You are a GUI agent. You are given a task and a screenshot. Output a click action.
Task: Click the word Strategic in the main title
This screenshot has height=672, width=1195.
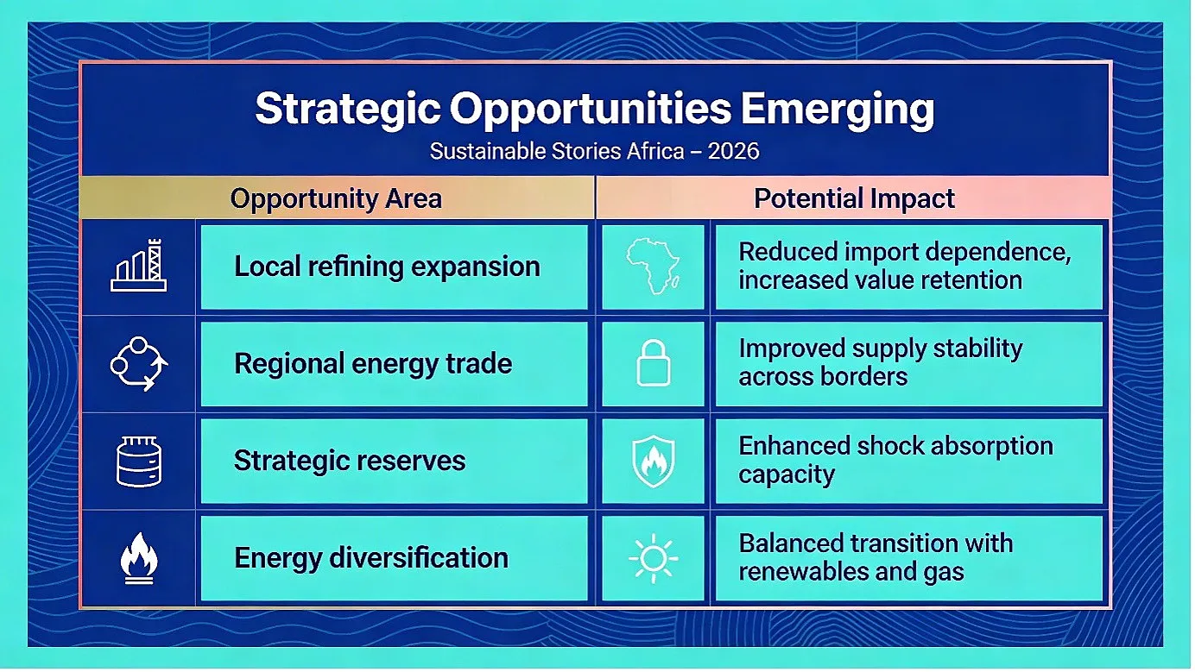point(348,110)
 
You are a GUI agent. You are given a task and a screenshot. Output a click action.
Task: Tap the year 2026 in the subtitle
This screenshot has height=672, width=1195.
point(733,151)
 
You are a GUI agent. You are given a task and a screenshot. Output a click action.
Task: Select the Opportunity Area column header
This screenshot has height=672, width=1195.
point(336,198)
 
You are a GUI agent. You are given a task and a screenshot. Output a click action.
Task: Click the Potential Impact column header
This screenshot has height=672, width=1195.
point(854,198)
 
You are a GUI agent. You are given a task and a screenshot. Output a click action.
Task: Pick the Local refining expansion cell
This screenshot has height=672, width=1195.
point(395,267)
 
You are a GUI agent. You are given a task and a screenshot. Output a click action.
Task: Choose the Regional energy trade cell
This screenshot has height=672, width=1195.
point(395,364)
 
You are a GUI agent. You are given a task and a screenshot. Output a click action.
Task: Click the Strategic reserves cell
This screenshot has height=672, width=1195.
point(395,461)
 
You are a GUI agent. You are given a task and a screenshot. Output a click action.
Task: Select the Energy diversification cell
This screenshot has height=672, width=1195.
point(395,558)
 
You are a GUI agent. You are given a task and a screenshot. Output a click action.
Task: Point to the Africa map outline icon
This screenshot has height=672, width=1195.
point(653,266)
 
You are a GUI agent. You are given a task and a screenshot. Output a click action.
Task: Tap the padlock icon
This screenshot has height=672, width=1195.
point(654,363)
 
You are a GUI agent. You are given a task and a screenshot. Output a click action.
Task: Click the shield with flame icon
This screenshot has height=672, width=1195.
point(654,461)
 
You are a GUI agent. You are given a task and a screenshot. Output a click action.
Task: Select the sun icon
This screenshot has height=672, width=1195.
point(654,558)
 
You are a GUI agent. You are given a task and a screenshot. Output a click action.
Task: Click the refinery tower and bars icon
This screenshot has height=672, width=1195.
point(139,266)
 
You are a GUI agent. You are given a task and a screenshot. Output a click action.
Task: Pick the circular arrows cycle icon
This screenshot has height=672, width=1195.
point(139,364)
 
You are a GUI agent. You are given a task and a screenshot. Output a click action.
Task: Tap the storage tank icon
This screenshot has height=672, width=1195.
point(139,462)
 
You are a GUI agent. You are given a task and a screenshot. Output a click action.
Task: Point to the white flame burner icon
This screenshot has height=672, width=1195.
point(139,558)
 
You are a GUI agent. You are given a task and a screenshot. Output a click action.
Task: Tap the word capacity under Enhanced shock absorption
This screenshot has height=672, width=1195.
point(787,474)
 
